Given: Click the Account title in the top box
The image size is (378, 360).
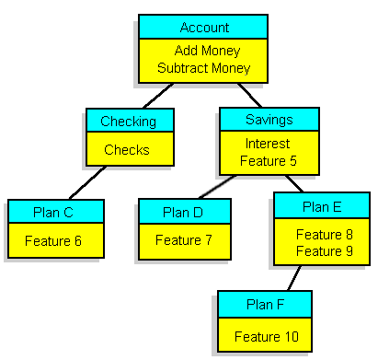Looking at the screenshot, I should pyautogui.click(x=203, y=27).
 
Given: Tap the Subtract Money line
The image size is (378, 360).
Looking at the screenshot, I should pyautogui.click(x=203, y=68).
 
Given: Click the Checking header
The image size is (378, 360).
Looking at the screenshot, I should pyautogui.click(x=128, y=122).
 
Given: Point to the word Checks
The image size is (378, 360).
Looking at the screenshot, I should pyautogui.click(x=128, y=149).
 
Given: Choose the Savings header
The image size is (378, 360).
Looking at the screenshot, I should pyautogui.click(x=269, y=120).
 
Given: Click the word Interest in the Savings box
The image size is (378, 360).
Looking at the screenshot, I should pyautogui.click(x=268, y=145).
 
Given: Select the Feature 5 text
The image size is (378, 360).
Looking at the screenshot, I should pyautogui.click(x=268, y=161).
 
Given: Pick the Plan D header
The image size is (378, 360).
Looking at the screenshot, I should pyautogui.click(x=183, y=212).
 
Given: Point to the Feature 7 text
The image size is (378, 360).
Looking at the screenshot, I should pyautogui.click(x=183, y=240).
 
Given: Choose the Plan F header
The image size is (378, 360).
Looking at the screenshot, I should pyautogui.click(x=265, y=303).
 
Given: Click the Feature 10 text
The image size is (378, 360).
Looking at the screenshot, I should pyautogui.click(x=265, y=337).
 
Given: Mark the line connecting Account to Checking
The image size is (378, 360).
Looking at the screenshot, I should pyautogui.click(x=156, y=96).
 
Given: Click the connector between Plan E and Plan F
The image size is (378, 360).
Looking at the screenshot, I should pyautogui.click(x=294, y=278).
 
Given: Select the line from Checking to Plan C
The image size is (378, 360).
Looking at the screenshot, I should pyautogui.click(x=88, y=182).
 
